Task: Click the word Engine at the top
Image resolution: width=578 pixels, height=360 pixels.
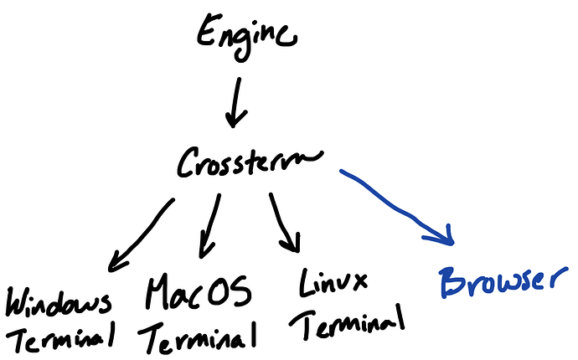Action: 245,35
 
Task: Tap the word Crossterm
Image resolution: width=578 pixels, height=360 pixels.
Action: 249,162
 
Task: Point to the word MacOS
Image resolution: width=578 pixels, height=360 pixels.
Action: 198,294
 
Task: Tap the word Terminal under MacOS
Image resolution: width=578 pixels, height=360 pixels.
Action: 199,337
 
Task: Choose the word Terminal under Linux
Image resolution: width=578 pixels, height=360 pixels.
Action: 352,321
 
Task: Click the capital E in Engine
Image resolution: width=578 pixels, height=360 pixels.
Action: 206,33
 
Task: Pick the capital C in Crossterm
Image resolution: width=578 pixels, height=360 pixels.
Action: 187,162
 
